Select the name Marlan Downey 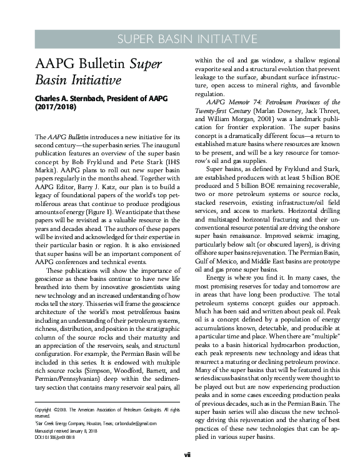tap(271, 111)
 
